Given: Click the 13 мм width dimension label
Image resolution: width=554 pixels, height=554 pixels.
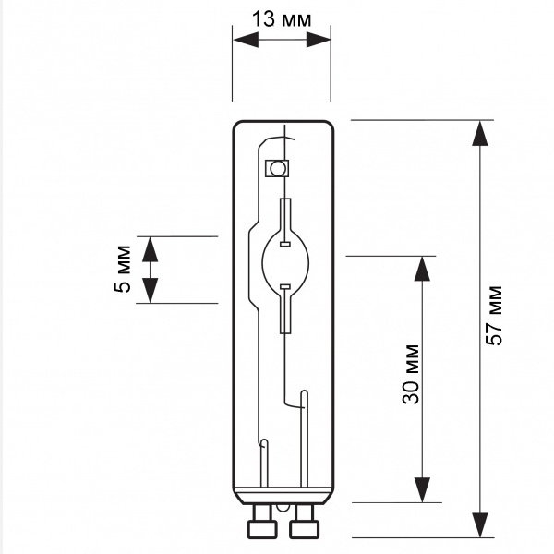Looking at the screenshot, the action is pos(282,19).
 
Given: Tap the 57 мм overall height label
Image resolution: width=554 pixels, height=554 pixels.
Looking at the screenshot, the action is pos(494,315).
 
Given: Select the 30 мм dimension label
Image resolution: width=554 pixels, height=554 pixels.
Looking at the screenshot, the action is pos(411,374).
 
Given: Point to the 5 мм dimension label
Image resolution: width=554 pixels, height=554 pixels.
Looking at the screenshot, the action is pos(122,269).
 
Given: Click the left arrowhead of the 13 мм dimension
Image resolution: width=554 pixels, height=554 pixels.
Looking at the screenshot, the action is pos(246,40).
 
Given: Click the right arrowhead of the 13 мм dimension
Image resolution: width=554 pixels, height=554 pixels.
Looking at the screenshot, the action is pos(318,40).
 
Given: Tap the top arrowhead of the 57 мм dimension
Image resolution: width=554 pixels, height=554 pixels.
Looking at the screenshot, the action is pos(480,133).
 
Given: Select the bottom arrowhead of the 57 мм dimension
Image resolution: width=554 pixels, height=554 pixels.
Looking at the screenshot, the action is pos(480,525).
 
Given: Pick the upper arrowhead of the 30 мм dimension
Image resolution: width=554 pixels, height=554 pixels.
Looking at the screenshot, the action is pos(422,269).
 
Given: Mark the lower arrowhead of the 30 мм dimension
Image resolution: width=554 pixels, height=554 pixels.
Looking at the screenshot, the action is pos(422,489).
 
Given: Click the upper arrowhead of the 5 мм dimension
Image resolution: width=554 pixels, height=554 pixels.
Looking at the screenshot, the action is pos(151,249).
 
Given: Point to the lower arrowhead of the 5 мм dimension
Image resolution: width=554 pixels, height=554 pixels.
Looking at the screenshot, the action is pos(151,291).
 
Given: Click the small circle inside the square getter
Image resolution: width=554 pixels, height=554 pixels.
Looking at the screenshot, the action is pos(277,169).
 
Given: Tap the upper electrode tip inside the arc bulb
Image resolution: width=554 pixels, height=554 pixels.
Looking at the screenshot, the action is pos(284,244).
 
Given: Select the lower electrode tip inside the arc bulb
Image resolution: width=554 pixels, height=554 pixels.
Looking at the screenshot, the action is pos(284,286).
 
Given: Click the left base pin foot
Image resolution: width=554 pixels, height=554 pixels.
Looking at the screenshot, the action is pos(262,529).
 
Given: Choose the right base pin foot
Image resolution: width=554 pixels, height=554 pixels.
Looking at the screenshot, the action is pos(304,529).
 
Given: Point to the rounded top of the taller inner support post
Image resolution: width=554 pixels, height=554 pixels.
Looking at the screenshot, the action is pos(304,393).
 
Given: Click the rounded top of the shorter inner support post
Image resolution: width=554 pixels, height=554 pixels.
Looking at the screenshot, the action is pos(263,442).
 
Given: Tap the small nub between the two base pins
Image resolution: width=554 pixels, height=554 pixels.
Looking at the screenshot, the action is pos(283,507).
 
